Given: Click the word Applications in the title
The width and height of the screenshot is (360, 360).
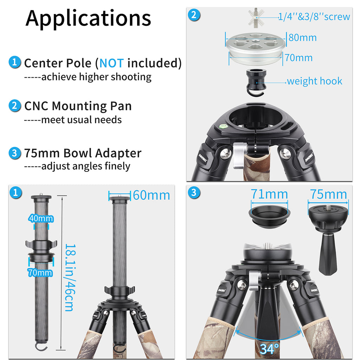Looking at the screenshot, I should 88,18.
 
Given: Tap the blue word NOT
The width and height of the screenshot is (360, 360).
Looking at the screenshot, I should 111,63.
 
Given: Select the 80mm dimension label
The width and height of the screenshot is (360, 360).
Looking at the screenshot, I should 302,37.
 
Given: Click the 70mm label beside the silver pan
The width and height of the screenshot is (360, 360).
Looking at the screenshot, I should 298,57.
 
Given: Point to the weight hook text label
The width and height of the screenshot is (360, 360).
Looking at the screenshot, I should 314,81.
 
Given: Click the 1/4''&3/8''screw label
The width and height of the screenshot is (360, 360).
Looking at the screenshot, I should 314,17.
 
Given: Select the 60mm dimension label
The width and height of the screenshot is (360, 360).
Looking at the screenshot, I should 151,195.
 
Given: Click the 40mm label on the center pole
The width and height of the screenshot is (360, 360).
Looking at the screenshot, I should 41,219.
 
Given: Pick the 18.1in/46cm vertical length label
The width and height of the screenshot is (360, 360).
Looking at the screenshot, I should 69,278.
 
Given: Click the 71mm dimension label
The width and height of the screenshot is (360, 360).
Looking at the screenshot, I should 269,194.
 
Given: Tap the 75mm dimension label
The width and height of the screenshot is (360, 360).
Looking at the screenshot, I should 328,194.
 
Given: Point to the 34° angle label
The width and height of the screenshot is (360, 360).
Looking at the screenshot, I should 269,349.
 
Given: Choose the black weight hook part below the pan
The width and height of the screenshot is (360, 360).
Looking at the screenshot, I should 257,81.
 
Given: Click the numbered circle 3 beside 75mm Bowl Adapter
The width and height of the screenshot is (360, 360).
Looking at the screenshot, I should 14,153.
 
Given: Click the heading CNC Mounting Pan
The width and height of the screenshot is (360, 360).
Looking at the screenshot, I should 78,106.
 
